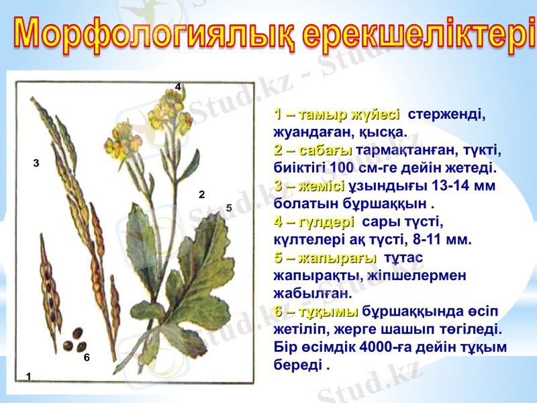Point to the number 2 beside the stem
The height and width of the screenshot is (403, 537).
click(201, 195)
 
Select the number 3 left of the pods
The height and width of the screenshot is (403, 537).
click(36, 163)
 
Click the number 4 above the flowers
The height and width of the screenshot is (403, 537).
click(178, 87)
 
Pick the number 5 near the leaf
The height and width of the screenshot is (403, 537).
click(229, 208)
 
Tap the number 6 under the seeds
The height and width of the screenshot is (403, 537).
click(87, 358)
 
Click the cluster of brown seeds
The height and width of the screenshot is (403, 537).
click(75, 340)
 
